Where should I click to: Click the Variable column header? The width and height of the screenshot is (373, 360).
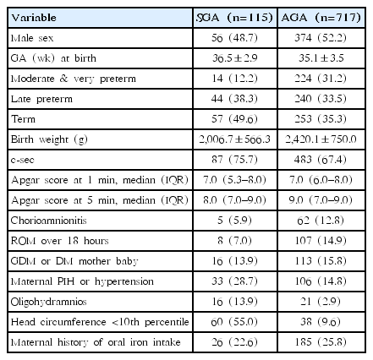click(x=34, y=18)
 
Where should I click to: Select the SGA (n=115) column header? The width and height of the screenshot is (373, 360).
click(x=234, y=18)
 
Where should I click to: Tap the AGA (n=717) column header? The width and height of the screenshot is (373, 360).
click(x=321, y=18)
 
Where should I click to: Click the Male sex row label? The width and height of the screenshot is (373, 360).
click(x=32, y=38)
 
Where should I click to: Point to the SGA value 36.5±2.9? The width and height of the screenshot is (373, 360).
click(x=234, y=58)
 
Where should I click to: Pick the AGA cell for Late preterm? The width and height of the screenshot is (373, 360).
click(x=321, y=99)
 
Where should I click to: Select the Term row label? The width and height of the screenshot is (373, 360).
click(x=23, y=119)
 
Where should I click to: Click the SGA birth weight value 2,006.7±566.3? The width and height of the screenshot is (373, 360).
click(x=234, y=139)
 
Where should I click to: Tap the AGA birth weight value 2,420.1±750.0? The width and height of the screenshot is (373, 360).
click(x=321, y=139)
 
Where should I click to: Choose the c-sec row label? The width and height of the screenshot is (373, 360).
click(x=23, y=160)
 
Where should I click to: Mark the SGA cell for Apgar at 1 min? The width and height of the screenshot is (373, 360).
click(x=234, y=180)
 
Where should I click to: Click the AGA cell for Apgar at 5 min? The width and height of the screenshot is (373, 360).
click(x=321, y=200)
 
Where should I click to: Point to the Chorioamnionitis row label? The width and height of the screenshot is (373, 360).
click(x=48, y=221)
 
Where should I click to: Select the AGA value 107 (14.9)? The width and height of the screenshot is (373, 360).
click(x=321, y=241)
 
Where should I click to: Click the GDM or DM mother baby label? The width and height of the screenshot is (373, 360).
click(x=74, y=261)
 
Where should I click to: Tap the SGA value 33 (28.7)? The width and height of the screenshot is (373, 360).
click(x=234, y=281)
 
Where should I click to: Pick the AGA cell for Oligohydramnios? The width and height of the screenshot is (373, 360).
click(x=321, y=302)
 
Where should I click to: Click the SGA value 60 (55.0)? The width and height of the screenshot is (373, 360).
click(x=234, y=322)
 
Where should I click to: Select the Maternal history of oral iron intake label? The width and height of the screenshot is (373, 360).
click(x=96, y=342)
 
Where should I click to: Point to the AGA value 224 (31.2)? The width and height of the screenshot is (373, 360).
click(x=321, y=79)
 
